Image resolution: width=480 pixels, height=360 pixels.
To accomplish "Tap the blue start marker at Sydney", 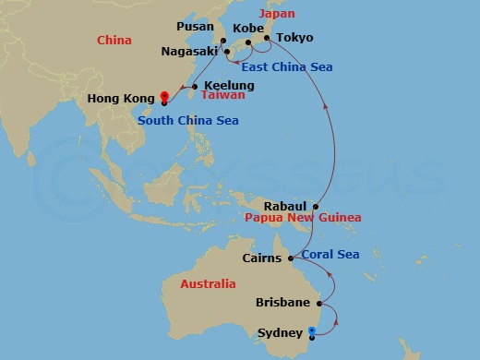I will point(311,330).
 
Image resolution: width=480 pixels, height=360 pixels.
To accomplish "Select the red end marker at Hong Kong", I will point(163,95).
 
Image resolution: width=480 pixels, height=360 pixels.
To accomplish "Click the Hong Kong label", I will point(119,99).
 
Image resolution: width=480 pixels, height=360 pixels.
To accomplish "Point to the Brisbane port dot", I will point(319,303).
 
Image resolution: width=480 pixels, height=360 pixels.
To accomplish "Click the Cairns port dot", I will point(290,258).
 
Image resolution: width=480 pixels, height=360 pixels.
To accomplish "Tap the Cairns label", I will point(261,258).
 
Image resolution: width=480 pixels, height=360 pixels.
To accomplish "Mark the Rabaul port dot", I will point(316,206).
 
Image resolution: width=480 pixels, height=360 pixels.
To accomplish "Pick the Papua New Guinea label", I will point(295,218).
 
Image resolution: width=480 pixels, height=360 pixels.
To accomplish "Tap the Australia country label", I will point(208,284).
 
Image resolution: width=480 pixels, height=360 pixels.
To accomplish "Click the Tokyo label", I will point(295,38).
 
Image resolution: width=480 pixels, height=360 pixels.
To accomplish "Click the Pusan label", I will point(195,29).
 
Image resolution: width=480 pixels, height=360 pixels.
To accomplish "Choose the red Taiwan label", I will point(224,95).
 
